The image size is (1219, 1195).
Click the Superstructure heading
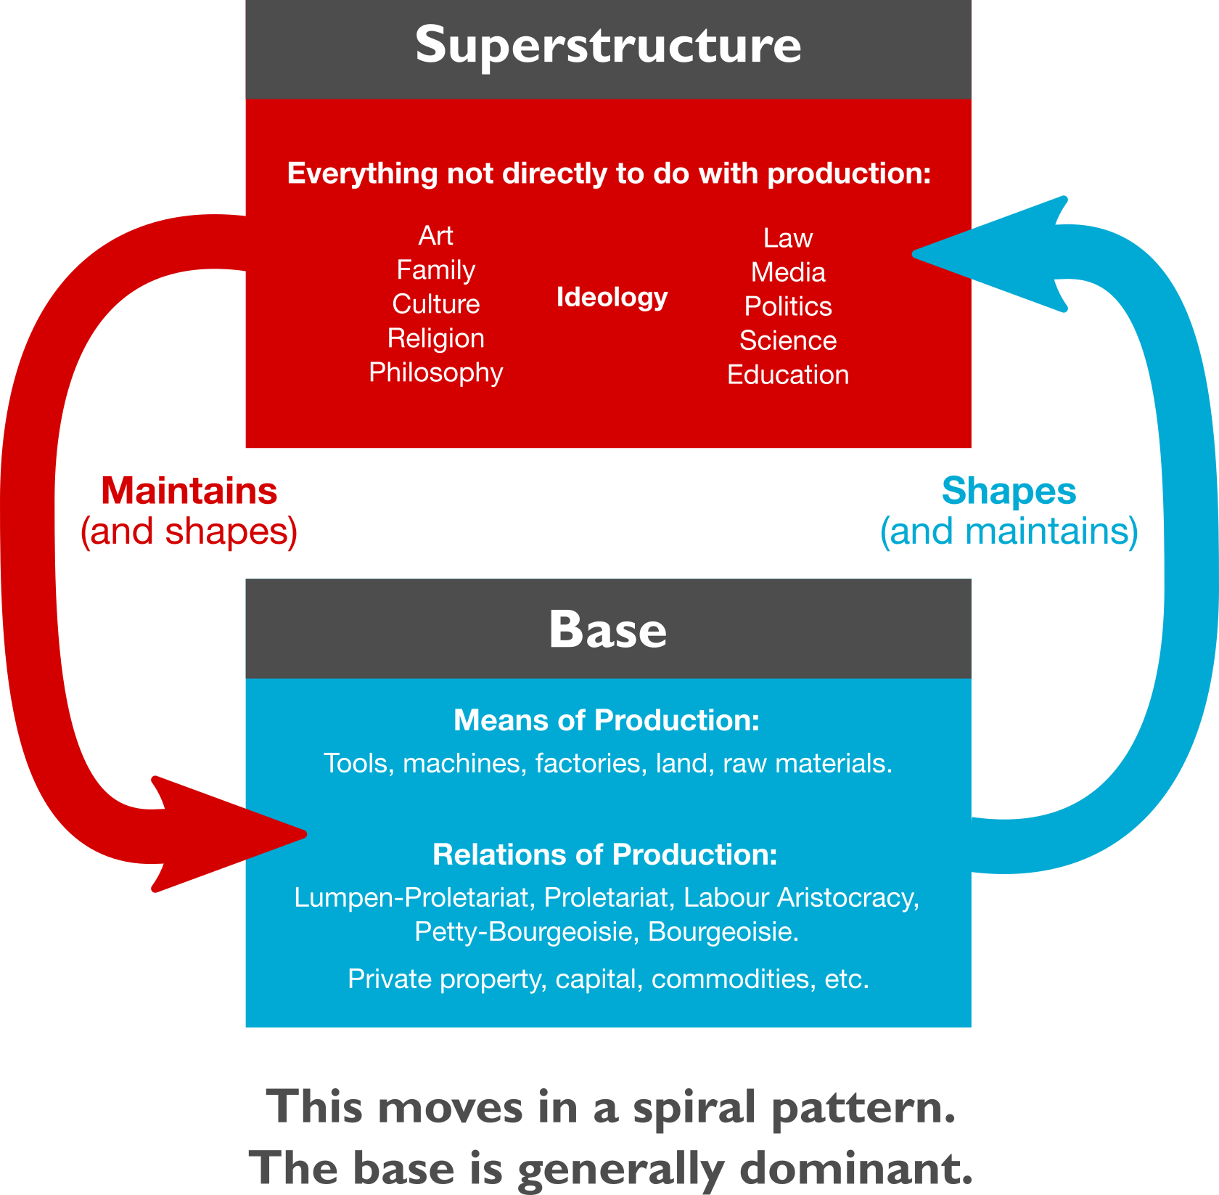pos(608,45)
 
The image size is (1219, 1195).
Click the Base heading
pos(608,629)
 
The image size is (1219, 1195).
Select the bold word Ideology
pos(612,297)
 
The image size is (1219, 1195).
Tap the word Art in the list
pos(435,235)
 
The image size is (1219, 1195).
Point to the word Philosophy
pos(435,372)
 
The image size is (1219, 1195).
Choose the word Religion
pos(435,338)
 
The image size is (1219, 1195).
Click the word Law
pos(788,238)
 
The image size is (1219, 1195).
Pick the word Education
pos(788,375)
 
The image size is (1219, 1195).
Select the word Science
pos(788,340)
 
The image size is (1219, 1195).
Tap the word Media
pos(788,272)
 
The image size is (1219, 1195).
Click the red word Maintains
pos(189,492)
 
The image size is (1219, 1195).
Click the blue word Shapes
pos(1009,492)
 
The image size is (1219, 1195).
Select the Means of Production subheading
pos(607,720)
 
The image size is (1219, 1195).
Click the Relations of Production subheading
pos(605,855)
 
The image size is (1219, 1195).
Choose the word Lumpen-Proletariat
pos(411,898)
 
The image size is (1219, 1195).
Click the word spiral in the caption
pos(694,1109)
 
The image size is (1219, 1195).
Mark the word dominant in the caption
pos(855,1169)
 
